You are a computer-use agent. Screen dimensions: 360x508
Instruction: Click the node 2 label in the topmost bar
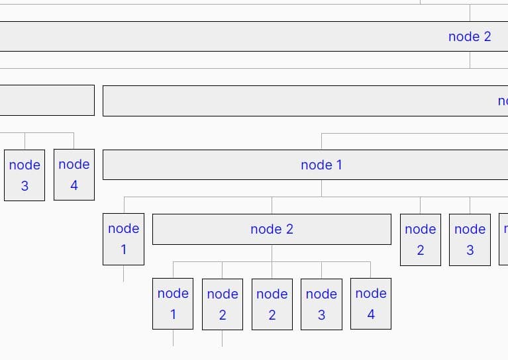[470, 36]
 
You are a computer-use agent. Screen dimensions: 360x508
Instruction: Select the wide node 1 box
[321, 165]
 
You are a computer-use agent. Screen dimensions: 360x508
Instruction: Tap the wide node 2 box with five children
[272, 229]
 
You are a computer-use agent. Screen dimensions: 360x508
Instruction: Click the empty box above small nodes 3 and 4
[46, 100]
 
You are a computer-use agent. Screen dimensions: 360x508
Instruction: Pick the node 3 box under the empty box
[25, 175]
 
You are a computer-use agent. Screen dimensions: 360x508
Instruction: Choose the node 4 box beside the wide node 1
[74, 175]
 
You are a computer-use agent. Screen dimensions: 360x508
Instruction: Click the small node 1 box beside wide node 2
[123, 239]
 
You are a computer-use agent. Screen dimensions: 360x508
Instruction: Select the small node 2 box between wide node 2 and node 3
[420, 239]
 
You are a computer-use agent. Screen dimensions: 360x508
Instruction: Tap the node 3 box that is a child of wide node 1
[470, 239]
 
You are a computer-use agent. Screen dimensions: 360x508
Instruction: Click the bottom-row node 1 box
[173, 304]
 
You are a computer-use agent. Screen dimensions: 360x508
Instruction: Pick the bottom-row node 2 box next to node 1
[222, 304]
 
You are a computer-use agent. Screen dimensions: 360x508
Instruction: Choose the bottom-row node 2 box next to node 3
[272, 304]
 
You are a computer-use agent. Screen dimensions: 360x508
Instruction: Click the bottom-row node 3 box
[321, 304]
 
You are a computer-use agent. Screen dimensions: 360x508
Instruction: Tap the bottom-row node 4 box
[370, 304]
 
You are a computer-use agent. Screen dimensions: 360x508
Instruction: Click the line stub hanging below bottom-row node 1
[173, 337]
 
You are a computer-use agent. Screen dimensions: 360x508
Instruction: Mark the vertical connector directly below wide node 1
[321, 188]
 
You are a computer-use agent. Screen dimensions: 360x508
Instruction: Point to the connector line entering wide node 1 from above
[321, 141]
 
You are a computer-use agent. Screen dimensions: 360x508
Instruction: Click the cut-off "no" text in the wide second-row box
[503, 101]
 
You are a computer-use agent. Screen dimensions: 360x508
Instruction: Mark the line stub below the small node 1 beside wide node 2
[123, 273]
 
